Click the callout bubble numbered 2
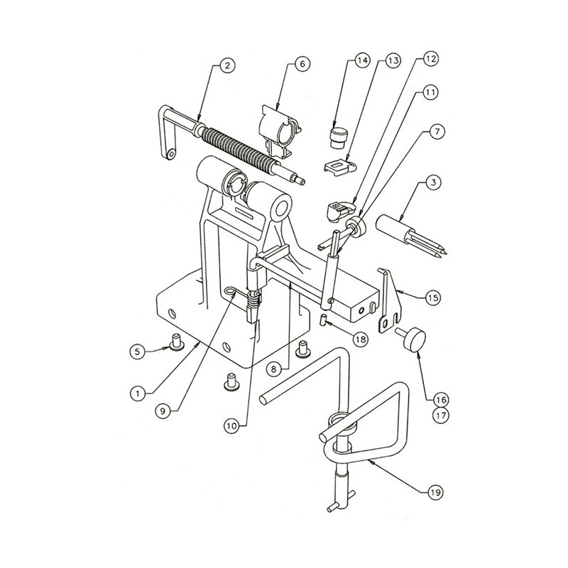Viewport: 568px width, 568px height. (x=227, y=65)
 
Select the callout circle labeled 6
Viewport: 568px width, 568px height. (x=302, y=65)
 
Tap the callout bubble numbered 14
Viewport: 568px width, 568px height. (x=362, y=60)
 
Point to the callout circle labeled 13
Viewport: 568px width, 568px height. (x=393, y=60)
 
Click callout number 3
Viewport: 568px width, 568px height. (x=434, y=182)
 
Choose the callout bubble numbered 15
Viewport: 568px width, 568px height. (x=433, y=297)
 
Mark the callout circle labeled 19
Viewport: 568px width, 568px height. (x=435, y=492)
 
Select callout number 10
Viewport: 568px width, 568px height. (x=232, y=426)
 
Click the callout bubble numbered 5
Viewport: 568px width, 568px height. (x=138, y=351)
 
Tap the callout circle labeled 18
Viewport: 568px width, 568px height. (x=361, y=339)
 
